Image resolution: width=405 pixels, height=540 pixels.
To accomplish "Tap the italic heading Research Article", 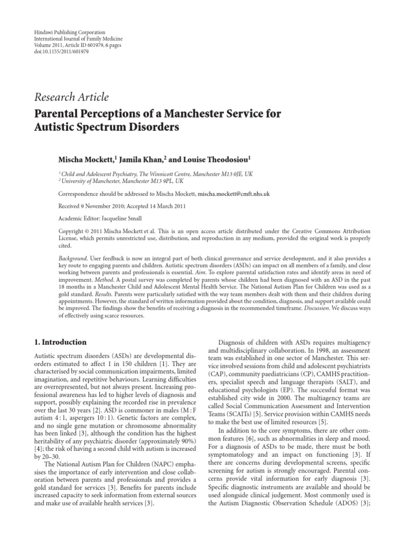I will (72, 97).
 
